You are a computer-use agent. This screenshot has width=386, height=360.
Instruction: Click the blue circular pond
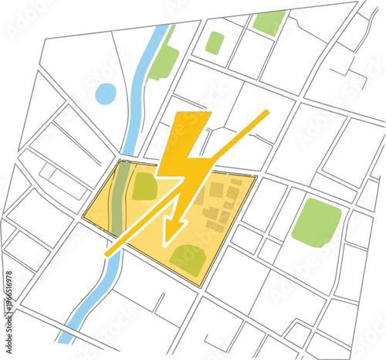[x=106, y=94]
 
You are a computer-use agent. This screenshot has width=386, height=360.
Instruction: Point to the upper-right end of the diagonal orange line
[x=267, y=113]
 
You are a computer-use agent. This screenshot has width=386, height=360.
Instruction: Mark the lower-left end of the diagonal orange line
[x=107, y=253]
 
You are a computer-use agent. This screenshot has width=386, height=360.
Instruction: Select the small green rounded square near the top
[x=215, y=42]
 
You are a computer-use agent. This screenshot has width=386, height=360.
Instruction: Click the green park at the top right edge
[x=269, y=22]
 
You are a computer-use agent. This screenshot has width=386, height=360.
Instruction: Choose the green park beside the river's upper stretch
[x=163, y=60]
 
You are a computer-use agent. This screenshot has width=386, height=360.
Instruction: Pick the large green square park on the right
[x=317, y=222]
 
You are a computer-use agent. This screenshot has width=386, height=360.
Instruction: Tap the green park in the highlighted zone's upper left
[x=144, y=186]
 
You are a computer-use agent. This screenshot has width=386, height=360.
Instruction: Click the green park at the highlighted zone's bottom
[x=188, y=260]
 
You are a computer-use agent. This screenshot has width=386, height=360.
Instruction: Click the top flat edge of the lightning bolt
[x=195, y=114]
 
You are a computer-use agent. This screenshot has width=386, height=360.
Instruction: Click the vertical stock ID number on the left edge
[x=8, y=298]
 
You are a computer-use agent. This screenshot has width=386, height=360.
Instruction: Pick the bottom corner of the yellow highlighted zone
[x=203, y=287]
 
